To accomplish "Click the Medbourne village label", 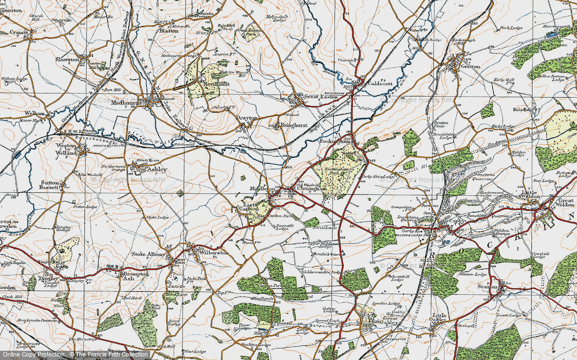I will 128,103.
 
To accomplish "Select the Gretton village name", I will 470,66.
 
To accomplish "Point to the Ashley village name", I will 157,169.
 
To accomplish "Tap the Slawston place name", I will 66,60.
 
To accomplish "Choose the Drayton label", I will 247,117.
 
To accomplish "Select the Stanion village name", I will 487,286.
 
